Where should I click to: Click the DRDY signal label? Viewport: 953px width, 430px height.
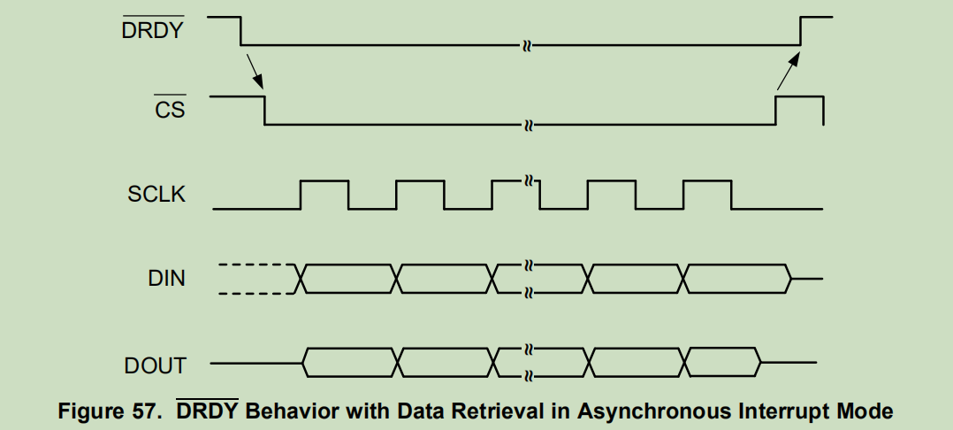153,32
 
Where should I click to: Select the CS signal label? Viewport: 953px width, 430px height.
169,111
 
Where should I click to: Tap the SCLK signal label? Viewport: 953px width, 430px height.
156,195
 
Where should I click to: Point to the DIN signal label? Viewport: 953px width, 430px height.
166,279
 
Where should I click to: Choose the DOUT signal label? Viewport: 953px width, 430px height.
155,364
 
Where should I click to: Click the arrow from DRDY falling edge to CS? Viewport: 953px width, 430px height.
254,69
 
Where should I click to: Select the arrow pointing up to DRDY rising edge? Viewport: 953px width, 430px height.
788,70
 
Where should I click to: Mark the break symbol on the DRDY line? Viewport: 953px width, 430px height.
528,44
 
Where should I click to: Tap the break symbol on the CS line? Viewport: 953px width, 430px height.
528,125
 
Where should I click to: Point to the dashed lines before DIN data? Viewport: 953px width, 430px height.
255,279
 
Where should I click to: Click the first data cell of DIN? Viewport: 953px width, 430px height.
349,279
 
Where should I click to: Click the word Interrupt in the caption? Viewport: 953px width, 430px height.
780,411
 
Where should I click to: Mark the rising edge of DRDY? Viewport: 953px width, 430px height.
801,30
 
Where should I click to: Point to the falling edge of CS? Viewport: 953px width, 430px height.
265,111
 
